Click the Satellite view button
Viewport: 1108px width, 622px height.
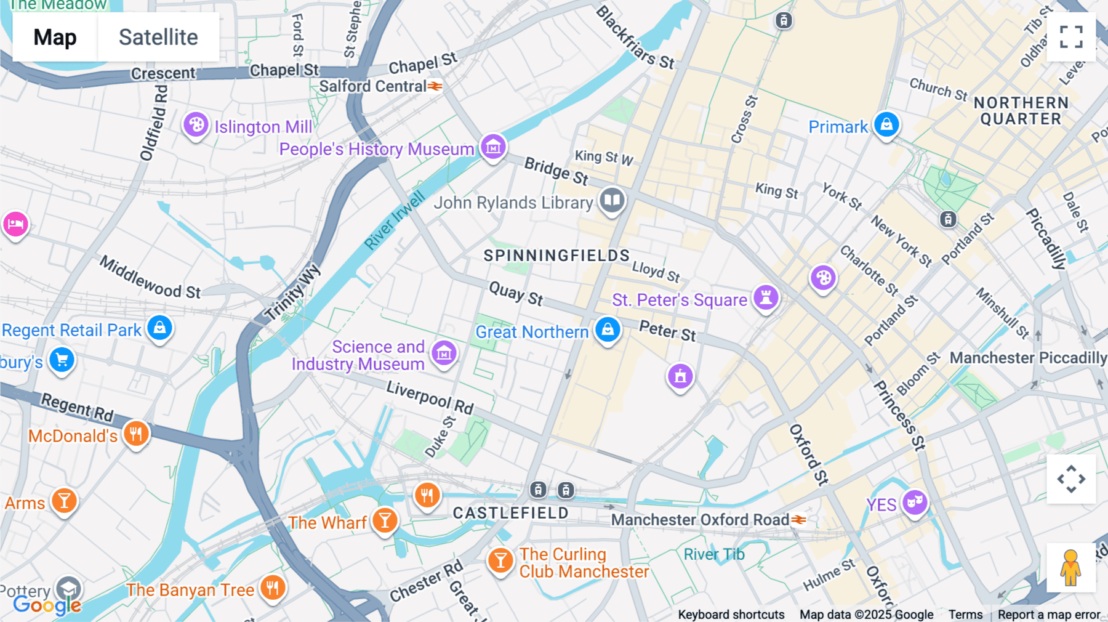(158, 37)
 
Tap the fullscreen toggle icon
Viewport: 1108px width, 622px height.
(1071, 37)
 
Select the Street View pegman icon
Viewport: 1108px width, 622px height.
(1071, 568)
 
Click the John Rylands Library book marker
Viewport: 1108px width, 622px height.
(612, 200)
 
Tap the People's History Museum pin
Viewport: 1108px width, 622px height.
(493, 148)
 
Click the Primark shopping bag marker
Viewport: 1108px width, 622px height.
(886, 125)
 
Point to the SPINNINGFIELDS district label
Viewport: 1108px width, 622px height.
(556, 256)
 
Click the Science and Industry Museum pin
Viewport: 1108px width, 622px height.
(444, 353)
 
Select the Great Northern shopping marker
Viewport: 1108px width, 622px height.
(608, 329)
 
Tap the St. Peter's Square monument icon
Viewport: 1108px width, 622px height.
(766, 298)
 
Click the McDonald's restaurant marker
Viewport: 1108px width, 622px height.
(136, 434)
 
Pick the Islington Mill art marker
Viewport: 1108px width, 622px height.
(196, 125)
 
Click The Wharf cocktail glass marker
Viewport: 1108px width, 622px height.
(385, 521)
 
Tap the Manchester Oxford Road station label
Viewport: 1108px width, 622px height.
(700, 520)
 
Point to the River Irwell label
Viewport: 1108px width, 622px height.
(394, 220)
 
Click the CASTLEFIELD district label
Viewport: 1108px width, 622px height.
(510, 513)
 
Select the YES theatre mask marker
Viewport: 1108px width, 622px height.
(915, 503)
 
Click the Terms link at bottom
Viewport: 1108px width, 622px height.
(965, 614)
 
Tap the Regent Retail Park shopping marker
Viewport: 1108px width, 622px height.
(159, 328)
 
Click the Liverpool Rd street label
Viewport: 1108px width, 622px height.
(430, 397)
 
